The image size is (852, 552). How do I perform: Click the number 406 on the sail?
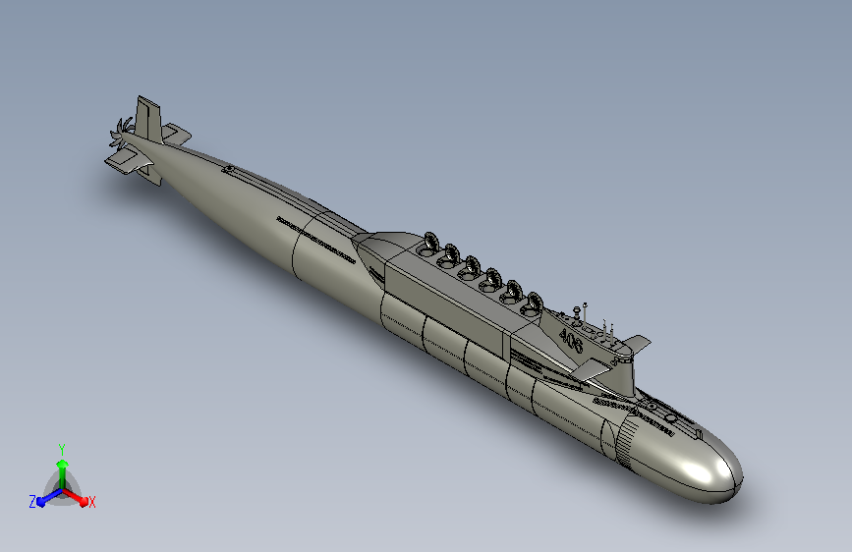(x=571, y=341)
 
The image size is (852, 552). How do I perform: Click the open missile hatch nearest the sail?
(x=532, y=304)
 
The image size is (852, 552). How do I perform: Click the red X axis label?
(x=91, y=502)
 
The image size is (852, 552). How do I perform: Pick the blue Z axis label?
(x=32, y=502)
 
